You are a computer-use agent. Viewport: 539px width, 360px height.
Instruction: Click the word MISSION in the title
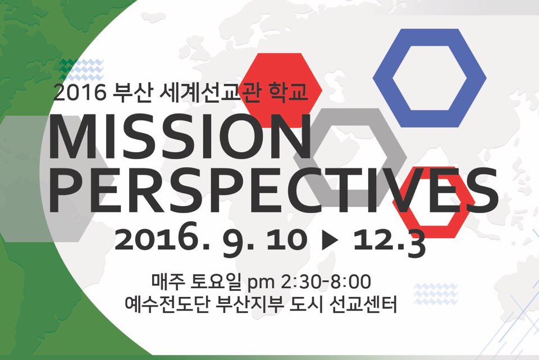pos(180,137)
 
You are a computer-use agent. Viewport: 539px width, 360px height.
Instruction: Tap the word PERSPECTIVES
pos(273,190)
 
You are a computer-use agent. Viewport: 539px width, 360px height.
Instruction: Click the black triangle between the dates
pos(330,240)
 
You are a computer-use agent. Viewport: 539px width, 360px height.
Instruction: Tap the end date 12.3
pos(389,241)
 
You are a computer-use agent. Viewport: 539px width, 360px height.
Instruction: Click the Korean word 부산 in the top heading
pos(133,93)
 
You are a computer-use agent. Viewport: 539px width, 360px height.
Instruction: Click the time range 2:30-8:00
pos(326,281)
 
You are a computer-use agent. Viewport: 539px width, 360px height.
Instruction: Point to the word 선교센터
pos(363,304)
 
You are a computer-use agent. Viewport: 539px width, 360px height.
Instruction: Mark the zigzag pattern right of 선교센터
pos(436,294)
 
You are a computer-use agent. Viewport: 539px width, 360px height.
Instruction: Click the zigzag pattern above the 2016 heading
pos(81,70)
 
